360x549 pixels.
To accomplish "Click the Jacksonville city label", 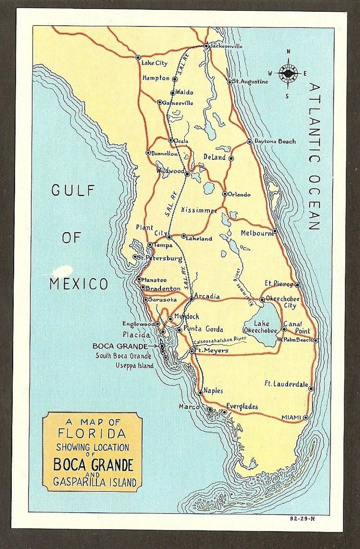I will click(226, 46).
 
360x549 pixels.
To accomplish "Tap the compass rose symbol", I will click(289, 73).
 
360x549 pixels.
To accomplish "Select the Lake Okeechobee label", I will click(261, 327).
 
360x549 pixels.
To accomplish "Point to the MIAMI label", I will click(292, 417).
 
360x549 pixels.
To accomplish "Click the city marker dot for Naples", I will click(200, 393).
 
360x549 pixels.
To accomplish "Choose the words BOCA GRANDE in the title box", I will click(93, 463).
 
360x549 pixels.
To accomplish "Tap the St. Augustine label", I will click(250, 82).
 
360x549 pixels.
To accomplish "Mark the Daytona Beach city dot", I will click(249, 141).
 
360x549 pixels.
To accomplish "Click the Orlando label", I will click(239, 195).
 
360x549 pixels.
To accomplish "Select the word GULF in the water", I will click(73, 191).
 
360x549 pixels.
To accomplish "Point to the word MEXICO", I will click(79, 284).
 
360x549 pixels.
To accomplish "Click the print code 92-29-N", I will click(303, 518).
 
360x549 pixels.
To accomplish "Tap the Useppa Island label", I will click(134, 365).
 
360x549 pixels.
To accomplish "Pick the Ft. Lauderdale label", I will click(286, 384).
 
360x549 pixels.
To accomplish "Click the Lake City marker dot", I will click(138, 57).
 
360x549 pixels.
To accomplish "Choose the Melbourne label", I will click(256, 233).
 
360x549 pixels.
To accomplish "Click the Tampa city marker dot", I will click(150, 244).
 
